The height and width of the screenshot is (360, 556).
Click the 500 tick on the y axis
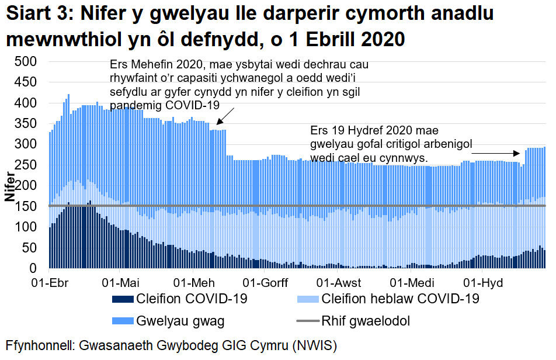(x=26, y=61)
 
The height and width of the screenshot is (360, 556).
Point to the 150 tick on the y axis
(x=26, y=206)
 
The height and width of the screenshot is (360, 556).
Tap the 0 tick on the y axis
(x=33, y=268)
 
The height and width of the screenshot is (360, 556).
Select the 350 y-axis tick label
(x=26, y=123)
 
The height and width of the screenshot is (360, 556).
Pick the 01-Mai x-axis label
(x=120, y=283)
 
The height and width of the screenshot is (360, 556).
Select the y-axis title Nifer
(x=10, y=186)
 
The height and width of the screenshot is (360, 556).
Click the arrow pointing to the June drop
(x=225, y=116)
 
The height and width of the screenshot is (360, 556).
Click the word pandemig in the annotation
(x=135, y=105)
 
